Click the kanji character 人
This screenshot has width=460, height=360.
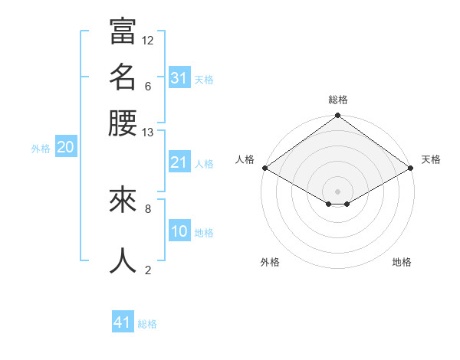(x=123, y=260)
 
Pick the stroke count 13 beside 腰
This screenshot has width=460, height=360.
(x=148, y=133)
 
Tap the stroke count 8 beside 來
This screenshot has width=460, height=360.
(x=148, y=208)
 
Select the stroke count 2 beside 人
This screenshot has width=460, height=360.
(x=148, y=270)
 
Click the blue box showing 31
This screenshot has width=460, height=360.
(x=179, y=77)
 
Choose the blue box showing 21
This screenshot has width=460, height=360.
(x=179, y=162)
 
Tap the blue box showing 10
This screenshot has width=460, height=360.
(x=179, y=231)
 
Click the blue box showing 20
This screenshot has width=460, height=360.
(x=65, y=148)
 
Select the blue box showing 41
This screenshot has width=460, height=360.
(x=123, y=322)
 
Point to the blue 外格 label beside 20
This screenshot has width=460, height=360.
(x=41, y=149)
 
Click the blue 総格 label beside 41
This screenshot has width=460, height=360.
(x=147, y=324)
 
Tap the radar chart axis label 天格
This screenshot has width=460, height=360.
(x=431, y=159)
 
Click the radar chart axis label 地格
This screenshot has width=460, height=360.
(x=402, y=262)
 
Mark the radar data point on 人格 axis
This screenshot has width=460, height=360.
(x=264, y=168)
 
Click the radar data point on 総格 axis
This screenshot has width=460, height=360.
(x=337, y=116)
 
